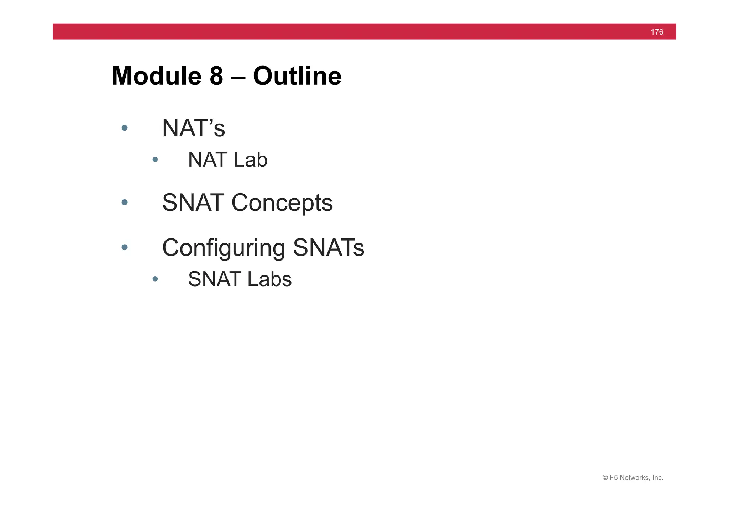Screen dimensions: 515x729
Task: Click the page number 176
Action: [x=657, y=32]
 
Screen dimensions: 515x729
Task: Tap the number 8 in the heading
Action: [x=216, y=76]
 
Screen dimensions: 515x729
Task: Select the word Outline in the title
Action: [x=297, y=76]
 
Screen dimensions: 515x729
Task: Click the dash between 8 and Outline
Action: [x=238, y=77]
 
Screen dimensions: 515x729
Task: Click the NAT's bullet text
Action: [x=193, y=128]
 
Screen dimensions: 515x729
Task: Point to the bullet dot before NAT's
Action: [x=125, y=128]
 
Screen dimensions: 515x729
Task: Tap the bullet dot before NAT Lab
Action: [x=155, y=159]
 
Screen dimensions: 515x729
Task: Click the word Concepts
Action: [x=282, y=203]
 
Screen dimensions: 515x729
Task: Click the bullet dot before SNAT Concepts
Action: [x=125, y=202]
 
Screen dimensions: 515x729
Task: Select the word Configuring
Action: [x=224, y=248]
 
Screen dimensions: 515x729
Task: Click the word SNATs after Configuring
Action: [x=328, y=248]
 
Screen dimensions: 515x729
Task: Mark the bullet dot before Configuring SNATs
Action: [x=125, y=247]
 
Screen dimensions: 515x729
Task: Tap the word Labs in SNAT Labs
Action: [x=269, y=279]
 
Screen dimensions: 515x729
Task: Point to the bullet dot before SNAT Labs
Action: [x=155, y=279]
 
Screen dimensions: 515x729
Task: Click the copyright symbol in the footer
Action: [x=605, y=478]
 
